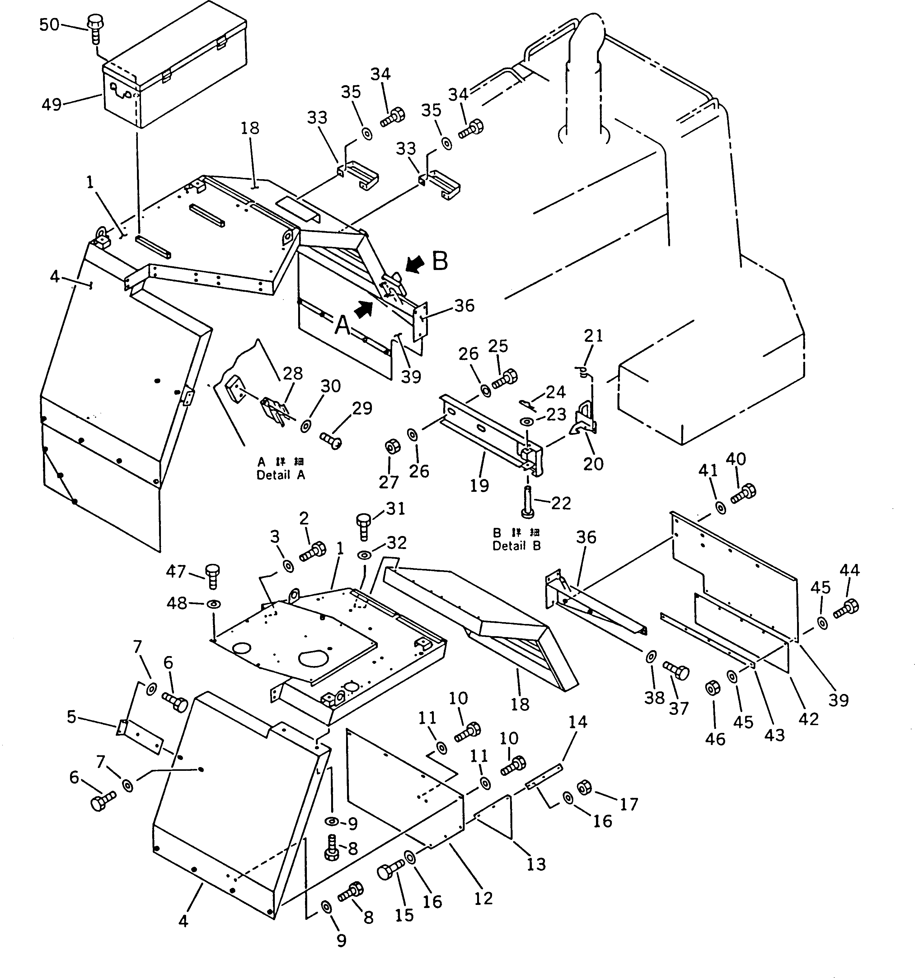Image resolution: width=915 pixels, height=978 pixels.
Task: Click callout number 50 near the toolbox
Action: coord(49,24)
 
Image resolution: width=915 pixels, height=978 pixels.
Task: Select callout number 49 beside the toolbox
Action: coord(52,104)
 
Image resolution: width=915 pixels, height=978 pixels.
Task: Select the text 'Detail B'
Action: coord(516,546)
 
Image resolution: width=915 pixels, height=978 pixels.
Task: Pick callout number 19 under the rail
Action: coord(479,486)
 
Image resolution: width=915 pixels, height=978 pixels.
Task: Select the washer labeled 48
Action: coord(214,603)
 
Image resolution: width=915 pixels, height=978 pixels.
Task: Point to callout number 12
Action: coord(483,898)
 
